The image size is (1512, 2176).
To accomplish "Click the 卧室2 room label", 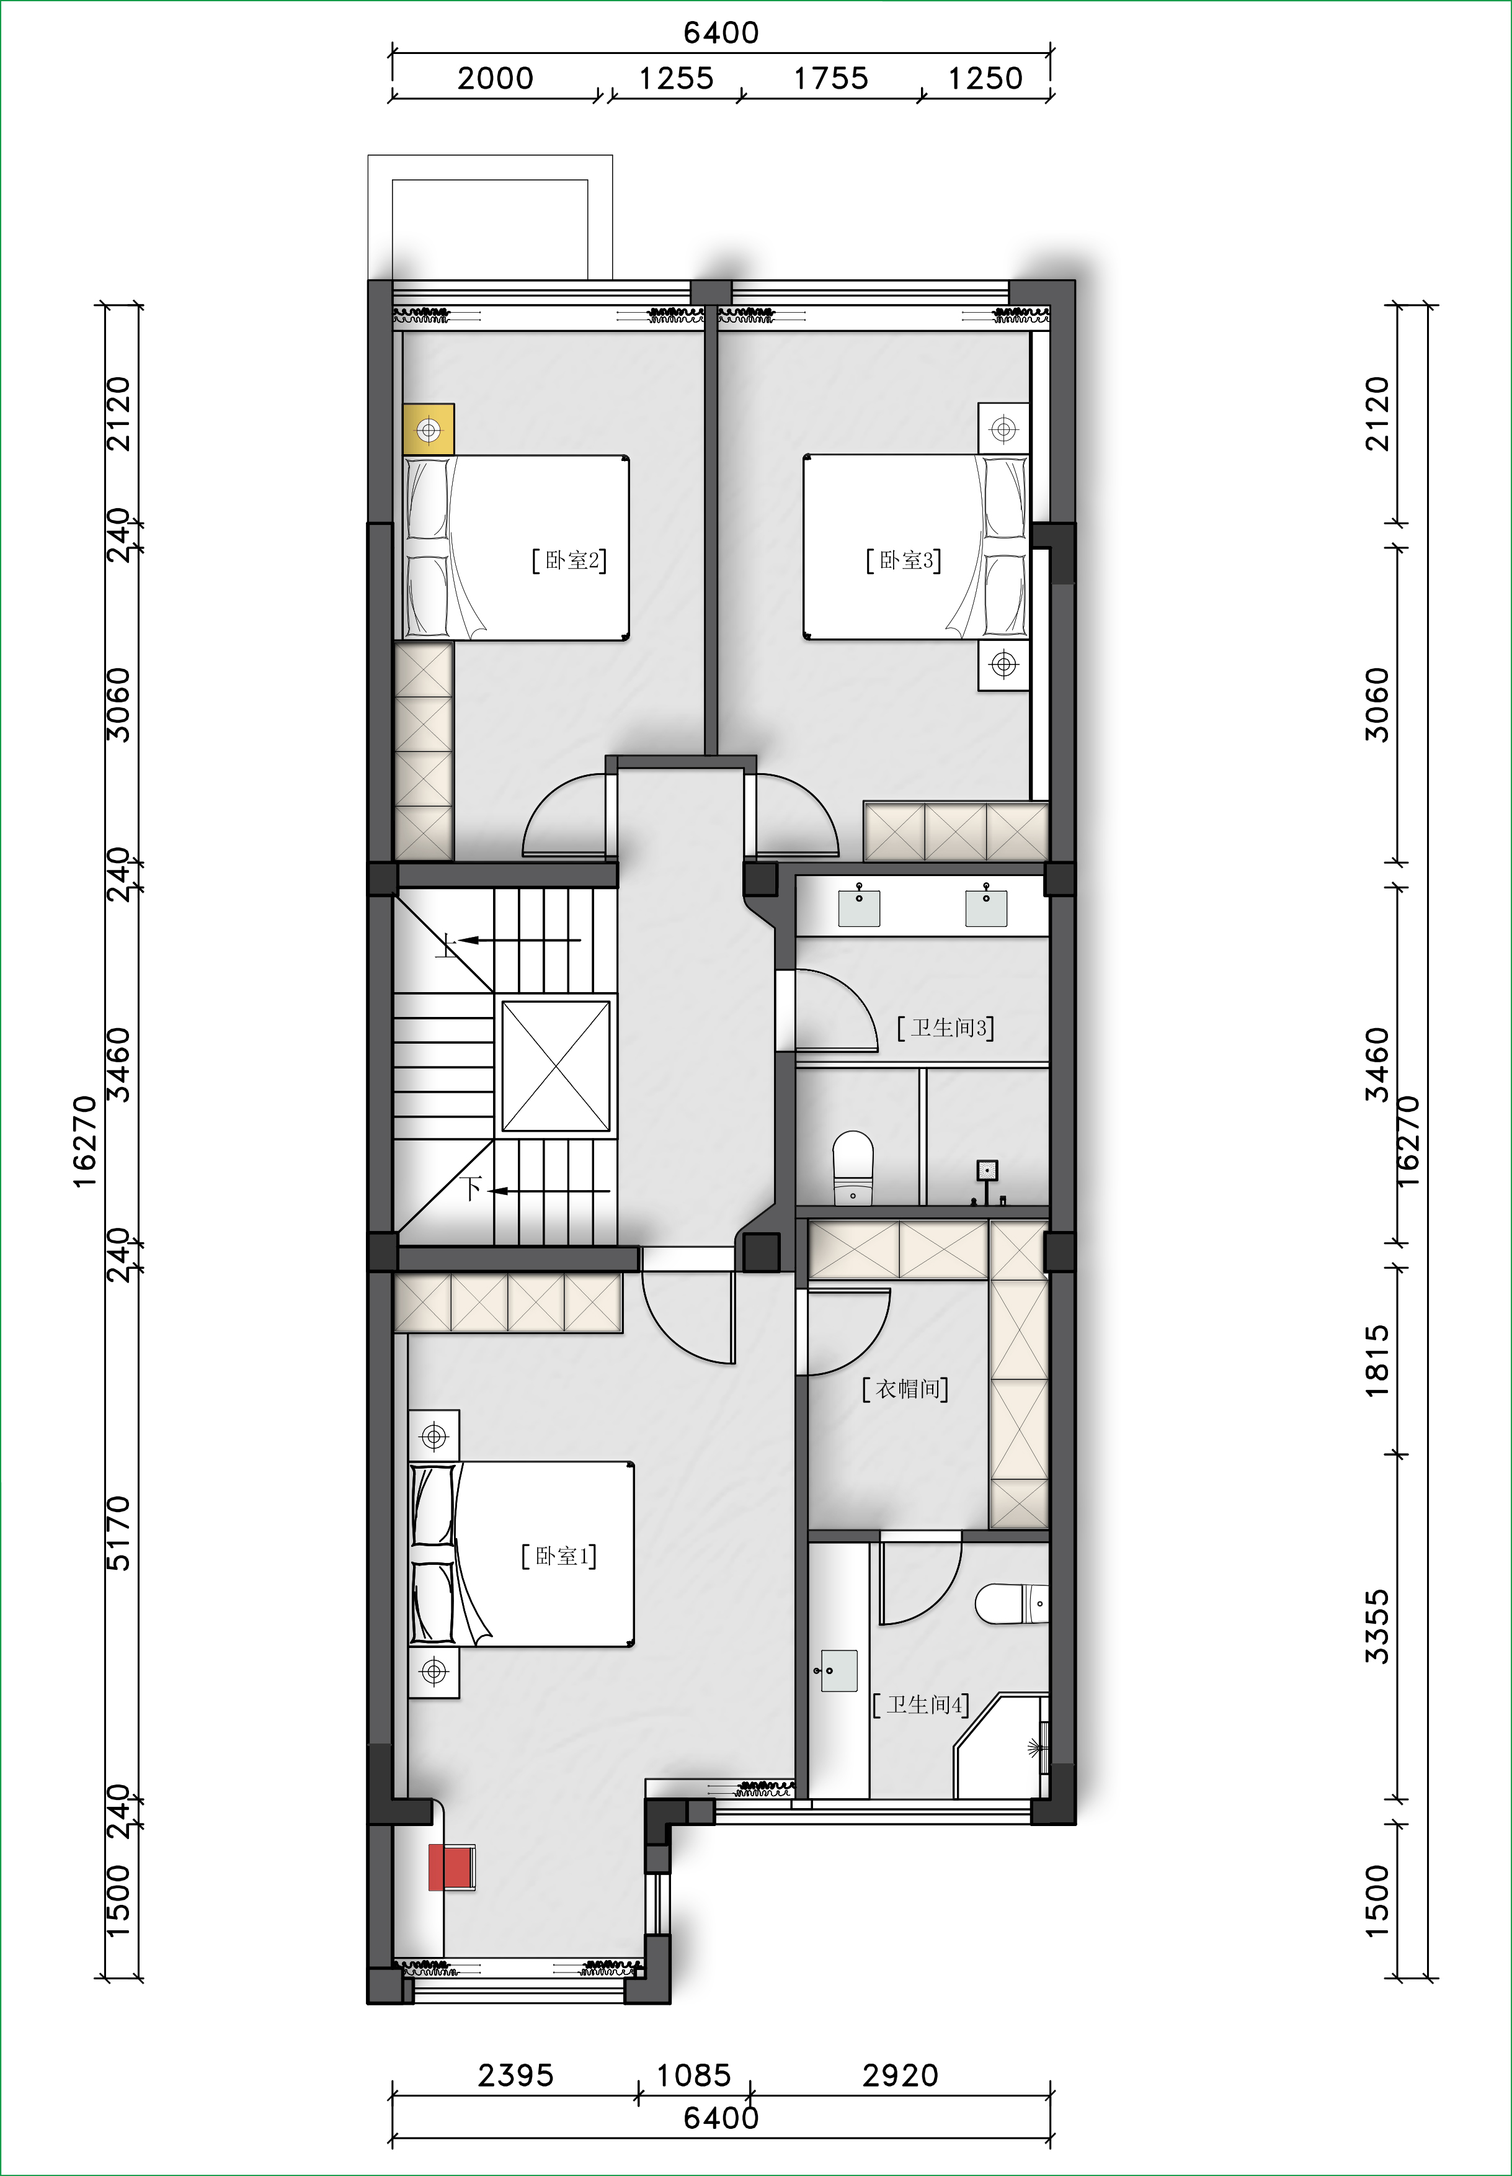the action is [x=569, y=560].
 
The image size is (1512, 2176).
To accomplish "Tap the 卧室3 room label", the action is [x=904, y=560].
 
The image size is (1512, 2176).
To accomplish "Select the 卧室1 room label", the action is [x=559, y=1556].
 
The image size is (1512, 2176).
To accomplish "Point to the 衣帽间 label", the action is [x=905, y=1389].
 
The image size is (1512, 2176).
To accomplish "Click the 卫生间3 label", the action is [x=946, y=1028].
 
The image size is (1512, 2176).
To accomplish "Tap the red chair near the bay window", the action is [x=451, y=1866].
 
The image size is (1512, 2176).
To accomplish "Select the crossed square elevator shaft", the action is [x=556, y=1066].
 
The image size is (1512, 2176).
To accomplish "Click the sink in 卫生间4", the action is [x=837, y=1671].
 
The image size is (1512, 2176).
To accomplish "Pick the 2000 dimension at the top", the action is [x=496, y=78].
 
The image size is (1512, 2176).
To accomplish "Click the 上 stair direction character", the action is [x=446, y=945].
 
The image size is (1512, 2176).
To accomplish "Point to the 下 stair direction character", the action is [x=472, y=1188].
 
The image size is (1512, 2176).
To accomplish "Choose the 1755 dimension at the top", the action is [x=831, y=78].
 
